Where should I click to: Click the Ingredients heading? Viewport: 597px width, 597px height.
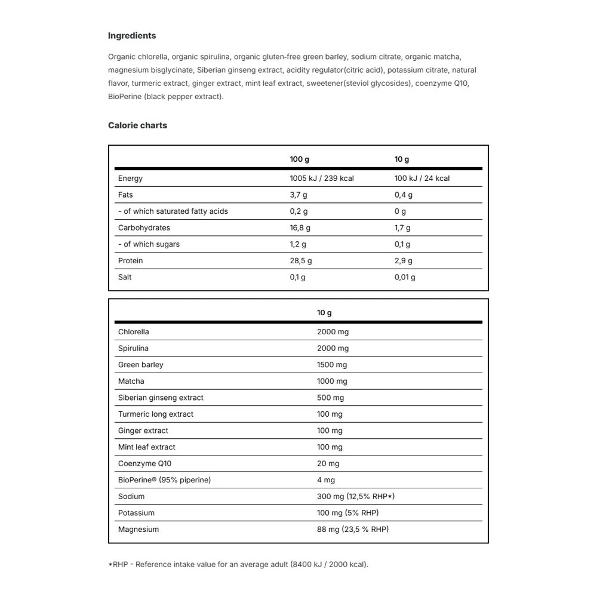tap(132, 36)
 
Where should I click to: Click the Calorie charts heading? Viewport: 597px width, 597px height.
tap(137, 125)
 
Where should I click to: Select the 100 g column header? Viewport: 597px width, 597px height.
tap(300, 159)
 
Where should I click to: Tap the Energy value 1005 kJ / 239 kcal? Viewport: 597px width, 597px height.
tap(322, 179)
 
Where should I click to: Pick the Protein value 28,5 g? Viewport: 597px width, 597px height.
tap(301, 261)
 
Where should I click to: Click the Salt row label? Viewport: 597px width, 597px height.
tap(125, 277)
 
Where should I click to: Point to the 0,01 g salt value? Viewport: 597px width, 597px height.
tap(405, 277)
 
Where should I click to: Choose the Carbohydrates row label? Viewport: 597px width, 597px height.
tap(144, 228)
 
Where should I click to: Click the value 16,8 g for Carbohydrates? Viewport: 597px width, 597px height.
tap(300, 228)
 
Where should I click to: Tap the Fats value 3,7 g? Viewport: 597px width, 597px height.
tap(298, 195)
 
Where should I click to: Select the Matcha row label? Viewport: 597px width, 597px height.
tap(131, 381)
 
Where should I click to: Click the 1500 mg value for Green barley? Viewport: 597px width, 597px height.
tap(332, 365)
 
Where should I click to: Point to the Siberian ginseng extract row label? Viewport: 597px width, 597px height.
tap(161, 398)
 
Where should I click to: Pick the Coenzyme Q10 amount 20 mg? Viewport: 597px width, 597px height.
tap(328, 464)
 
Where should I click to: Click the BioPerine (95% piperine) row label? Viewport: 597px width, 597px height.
tap(164, 480)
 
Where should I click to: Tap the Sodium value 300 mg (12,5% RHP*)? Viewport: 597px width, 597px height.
tap(356, 497)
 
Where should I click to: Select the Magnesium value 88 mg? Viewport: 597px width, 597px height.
tap(353, 530)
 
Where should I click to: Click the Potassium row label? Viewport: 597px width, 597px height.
tap(136, 513)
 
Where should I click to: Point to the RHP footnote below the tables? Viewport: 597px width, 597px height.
tap(238, 564)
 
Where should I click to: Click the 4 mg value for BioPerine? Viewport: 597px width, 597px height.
tap(326, 480)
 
